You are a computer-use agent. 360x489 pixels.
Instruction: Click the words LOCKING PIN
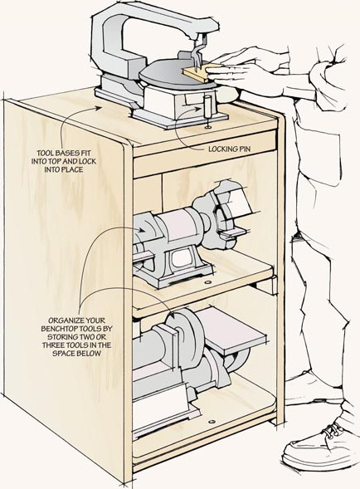(x=230, y=149)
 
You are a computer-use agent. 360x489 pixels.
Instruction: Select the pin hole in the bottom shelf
(x=212, y=422)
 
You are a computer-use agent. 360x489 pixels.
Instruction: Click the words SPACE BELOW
(x=76, y=353)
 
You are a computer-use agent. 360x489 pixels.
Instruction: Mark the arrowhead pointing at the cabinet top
(x=99, y=108)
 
